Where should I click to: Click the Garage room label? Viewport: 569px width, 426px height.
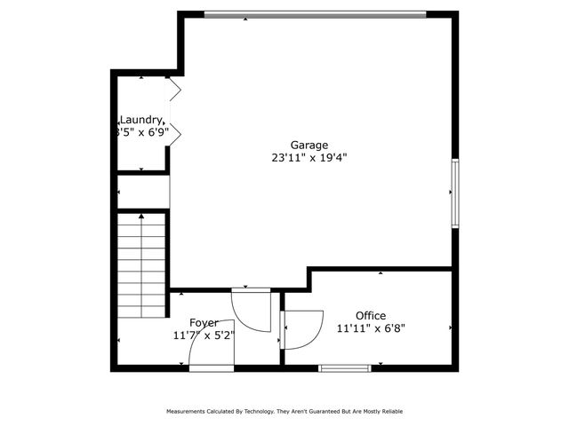309,145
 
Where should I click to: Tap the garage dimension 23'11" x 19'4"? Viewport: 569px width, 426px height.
309,158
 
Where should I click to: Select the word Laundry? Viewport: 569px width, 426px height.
141,120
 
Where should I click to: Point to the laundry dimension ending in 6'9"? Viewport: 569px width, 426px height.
143,132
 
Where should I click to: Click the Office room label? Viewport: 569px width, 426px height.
370,315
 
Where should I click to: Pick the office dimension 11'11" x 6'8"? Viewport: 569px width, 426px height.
370,328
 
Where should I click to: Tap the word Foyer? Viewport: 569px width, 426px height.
203,322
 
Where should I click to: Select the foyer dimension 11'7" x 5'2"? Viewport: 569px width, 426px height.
203,335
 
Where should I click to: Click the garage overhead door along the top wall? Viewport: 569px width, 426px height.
314,14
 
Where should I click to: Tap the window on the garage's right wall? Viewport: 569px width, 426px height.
454,193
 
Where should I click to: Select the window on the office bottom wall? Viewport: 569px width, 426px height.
345,367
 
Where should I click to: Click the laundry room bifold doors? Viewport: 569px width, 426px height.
175,111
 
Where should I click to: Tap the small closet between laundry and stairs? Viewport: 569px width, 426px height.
143,192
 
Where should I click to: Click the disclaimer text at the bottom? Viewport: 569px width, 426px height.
284,411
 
